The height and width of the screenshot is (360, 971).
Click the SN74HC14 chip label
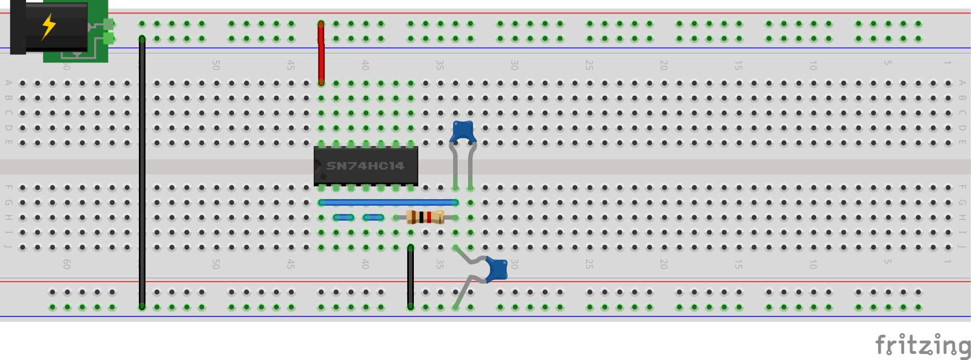tap(365, 166)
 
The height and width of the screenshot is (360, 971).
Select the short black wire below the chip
tap(411, 276)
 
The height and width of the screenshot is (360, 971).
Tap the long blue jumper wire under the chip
tap(387, 202)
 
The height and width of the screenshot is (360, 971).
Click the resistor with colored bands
tap(425, 217)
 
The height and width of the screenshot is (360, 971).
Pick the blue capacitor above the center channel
tap(463, 132)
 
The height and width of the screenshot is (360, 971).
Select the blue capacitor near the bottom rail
tap(496, 269)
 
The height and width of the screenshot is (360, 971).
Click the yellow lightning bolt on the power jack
tap(49, 26)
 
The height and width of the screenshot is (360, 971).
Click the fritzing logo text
tap(922, 346)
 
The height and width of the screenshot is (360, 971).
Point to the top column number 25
tap(589, 65)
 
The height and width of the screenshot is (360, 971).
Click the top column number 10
tap(813, 65)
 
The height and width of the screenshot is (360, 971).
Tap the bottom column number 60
tap(66, 264)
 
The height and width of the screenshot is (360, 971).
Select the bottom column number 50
tap(216, 264)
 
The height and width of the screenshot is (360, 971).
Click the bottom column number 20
tap(663, 264)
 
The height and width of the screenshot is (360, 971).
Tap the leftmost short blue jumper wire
tap(344, 217)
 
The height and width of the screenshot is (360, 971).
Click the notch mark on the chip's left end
tap(318, 166)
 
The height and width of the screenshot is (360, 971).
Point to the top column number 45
tap(290, 65)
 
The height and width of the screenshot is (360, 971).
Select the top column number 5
tap(887, 63)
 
